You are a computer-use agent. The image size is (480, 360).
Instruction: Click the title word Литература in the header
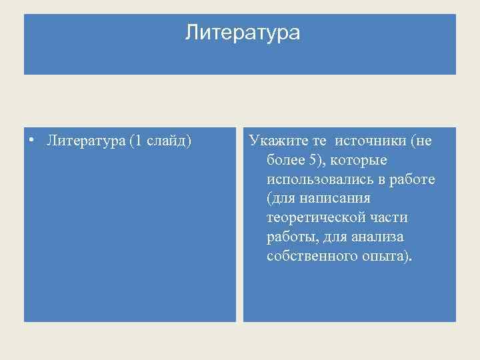(x=243, y=32)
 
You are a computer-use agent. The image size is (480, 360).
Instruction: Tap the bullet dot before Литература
(x=31, y=140)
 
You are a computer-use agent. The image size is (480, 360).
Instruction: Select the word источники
(x=371, y=141)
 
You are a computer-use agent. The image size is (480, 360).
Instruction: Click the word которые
(x=359, y=161)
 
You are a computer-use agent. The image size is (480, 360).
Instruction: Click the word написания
(x=339, y=199)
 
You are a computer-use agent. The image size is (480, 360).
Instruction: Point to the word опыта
(x=387, y=257)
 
